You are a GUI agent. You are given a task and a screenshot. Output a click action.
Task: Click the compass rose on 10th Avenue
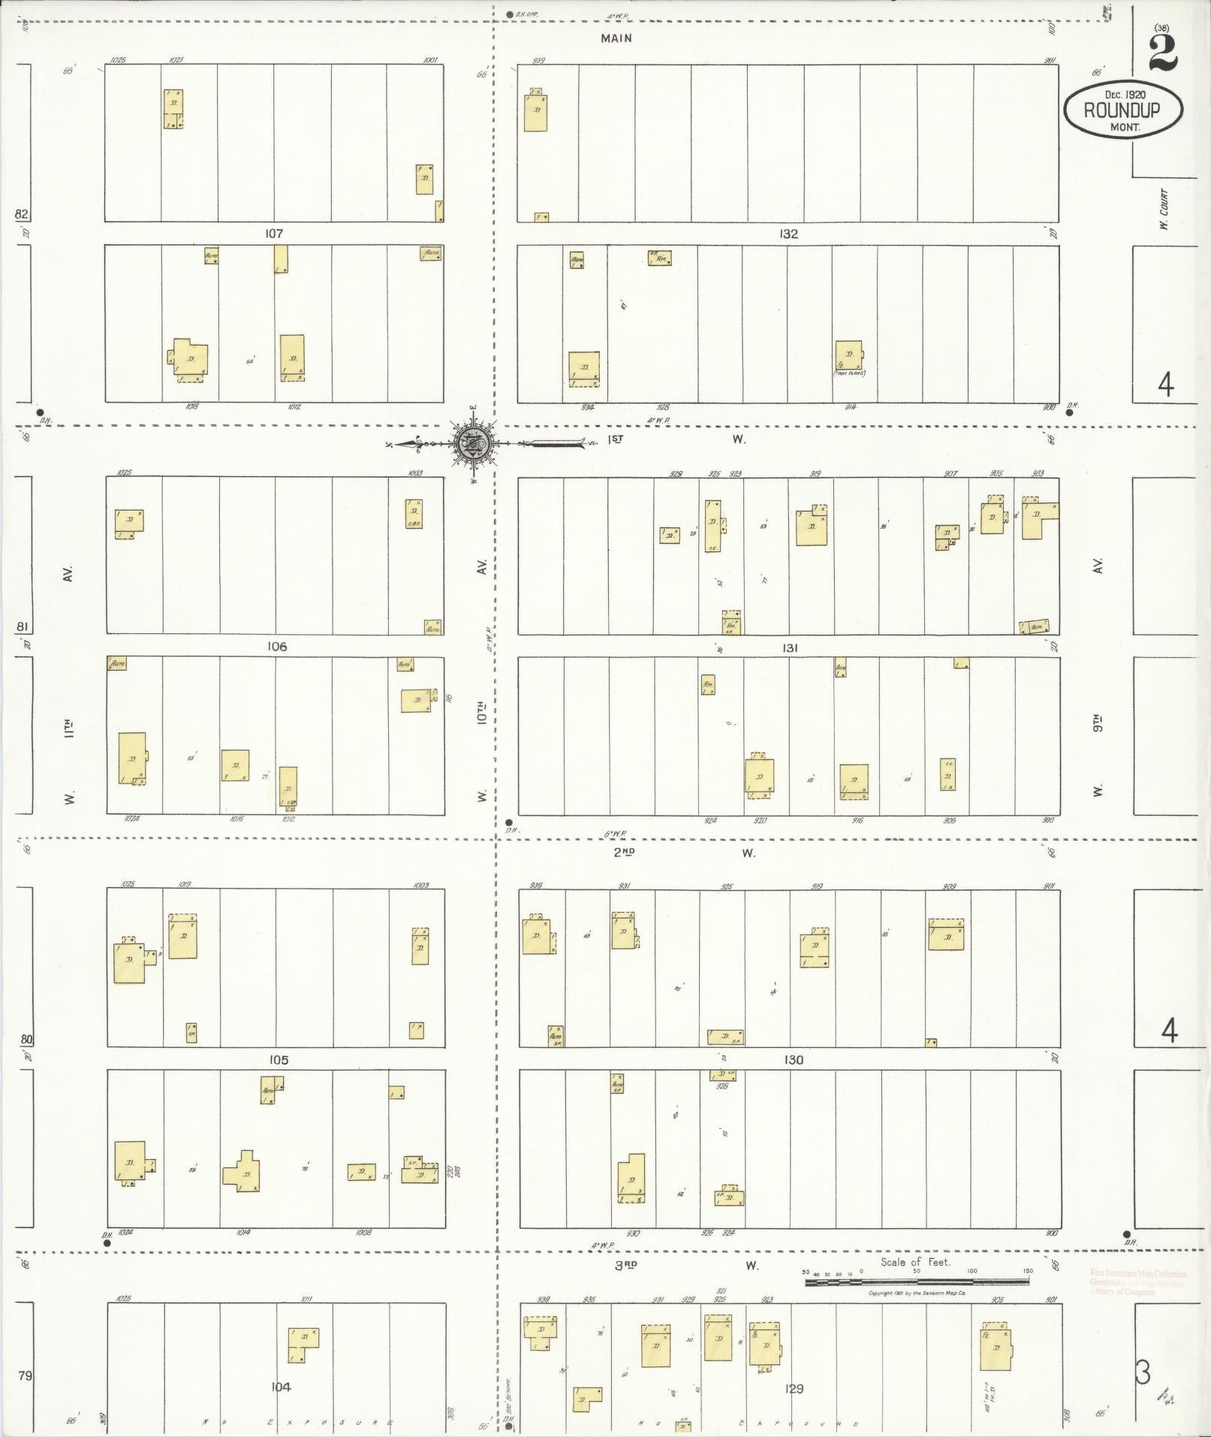[x=474, y=444]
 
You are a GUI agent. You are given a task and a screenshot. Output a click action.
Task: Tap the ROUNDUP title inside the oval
[x=1122, y=110]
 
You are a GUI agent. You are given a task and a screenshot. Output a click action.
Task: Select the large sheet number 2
[x=1162, y=55]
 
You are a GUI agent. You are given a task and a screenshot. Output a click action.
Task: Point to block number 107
[x=274, y=234]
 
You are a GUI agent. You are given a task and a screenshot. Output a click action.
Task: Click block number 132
[x=788, y=234]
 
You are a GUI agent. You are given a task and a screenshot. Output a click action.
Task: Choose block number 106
[x=276, y=646]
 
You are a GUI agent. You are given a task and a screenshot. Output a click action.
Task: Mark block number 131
[x=789, y=647]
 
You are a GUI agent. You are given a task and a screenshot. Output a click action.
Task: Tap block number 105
[x=278, y=1059]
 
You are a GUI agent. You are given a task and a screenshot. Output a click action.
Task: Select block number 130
[x=793, y=1059]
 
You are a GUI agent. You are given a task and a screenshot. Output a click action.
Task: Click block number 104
[x=281, y=1387]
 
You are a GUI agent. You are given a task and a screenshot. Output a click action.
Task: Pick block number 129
[x=794, y=1388]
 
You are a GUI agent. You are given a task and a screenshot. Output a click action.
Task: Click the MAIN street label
[x=616, y=38]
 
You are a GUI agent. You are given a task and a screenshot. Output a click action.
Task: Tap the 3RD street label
[x=626, y=1265]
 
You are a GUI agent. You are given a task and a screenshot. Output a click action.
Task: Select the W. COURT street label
[x=1164, y=209]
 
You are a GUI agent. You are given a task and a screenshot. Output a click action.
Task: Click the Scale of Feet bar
[x=917, y=1282]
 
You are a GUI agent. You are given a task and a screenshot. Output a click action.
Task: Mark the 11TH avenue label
[x=69, y=729]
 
